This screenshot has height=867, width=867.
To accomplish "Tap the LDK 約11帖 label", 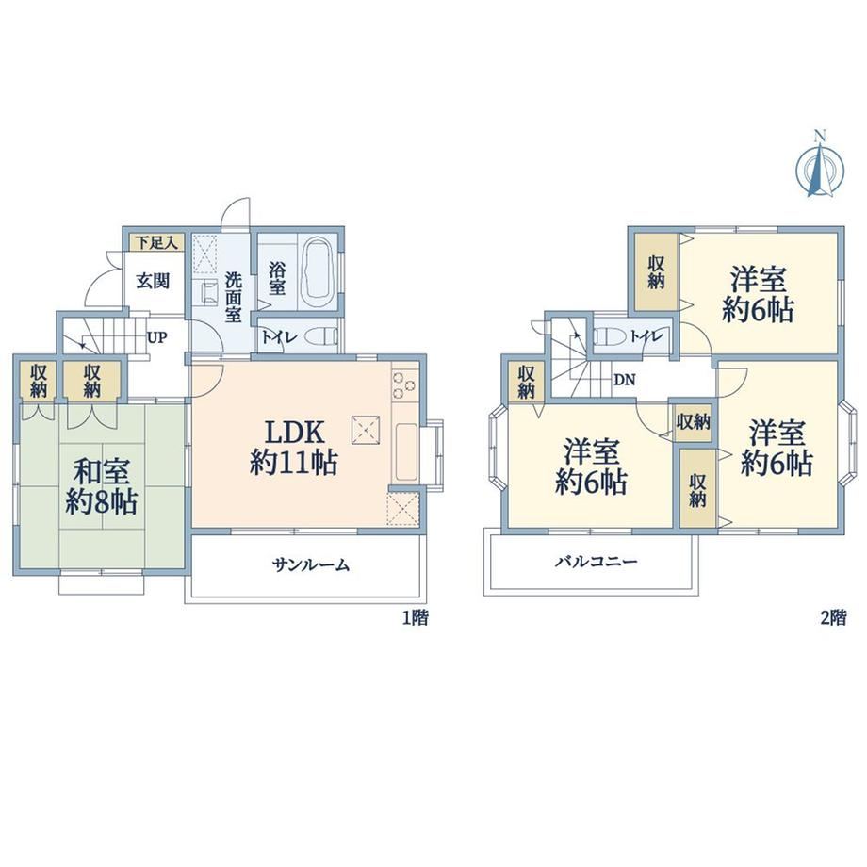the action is [294, 448].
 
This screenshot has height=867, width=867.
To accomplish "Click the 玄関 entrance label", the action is [153, 282].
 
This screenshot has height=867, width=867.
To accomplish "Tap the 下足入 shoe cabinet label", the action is [157, 242].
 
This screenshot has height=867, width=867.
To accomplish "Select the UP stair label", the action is [157, 337].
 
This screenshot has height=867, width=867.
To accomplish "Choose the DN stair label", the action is [625, 380].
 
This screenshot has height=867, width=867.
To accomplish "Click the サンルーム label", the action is [311, 565].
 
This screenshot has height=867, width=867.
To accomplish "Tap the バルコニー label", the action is [597, 563].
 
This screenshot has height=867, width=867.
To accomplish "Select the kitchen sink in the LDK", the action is [405, 451].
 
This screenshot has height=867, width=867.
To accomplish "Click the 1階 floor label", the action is [416, 617].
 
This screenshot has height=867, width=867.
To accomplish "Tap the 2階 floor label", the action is [833, 617].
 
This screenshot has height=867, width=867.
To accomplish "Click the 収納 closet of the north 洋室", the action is [656, 272].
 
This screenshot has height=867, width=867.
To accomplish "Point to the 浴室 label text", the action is [278, 278].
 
